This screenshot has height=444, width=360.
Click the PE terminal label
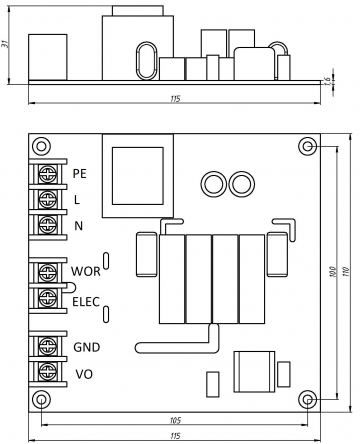coord(80,173)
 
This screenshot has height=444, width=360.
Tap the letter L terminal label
coord(77,200)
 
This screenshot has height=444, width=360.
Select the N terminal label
coord(78,226)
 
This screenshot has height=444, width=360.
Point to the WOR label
coord(86,271)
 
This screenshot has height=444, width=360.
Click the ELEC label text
coord(86,302)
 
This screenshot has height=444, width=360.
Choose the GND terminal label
coord(87,347)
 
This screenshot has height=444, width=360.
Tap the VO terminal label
coord(84,374)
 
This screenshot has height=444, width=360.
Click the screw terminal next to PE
coord(48,174)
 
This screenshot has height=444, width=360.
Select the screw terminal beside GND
coord(48,346)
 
